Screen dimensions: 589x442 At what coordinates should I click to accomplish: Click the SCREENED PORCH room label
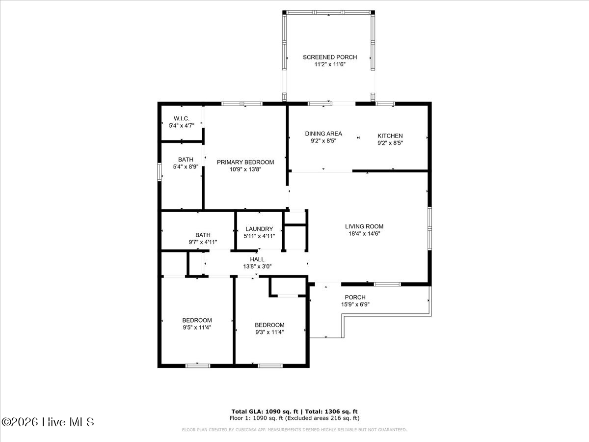[330, 57]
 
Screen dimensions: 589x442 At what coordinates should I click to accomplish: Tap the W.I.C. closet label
[182, 118]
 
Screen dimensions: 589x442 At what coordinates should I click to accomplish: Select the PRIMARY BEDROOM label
[245, 162]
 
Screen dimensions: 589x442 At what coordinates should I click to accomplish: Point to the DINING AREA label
[323, 134]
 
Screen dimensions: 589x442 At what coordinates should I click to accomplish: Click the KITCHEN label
[390, 136]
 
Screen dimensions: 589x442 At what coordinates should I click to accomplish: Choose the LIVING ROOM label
[364, 226]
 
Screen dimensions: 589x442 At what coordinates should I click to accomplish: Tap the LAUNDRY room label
[259, 229]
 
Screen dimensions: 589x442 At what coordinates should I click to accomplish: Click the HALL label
[257, 259]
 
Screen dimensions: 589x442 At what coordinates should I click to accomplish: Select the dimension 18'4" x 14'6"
[364, 234]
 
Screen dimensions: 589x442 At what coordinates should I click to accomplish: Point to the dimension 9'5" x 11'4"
[197, 328]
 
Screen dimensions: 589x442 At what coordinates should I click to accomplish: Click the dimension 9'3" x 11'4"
[269, 332]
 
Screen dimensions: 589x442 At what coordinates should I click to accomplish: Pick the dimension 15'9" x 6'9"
[355, 304]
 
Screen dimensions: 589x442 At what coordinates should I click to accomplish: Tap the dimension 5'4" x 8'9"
[186, 166]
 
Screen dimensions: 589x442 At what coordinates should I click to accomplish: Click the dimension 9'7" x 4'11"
[203, 242]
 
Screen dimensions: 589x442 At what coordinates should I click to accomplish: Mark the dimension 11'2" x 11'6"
[330, 64]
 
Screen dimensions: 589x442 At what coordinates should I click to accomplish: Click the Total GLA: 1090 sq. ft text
[265, 412]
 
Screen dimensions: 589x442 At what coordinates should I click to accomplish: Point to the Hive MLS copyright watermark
[48, 422]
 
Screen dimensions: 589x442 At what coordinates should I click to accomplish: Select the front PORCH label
[355, 297]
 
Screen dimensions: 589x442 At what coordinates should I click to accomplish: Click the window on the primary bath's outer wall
[160, 172]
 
